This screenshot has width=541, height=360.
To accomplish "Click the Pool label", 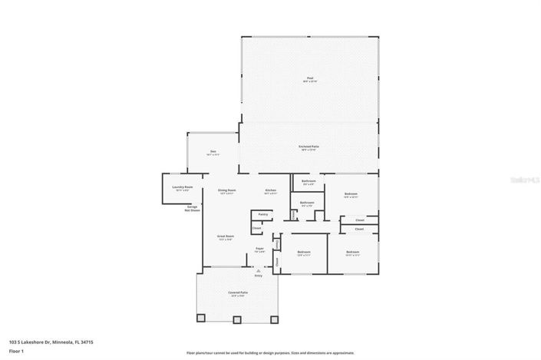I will click(309, 78).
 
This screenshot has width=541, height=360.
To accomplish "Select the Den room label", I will click(213, 152).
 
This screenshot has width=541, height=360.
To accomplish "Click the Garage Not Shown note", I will click(192, 208).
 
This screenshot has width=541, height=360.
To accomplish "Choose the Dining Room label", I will click(228, 190).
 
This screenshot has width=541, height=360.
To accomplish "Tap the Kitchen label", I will click(271, 190).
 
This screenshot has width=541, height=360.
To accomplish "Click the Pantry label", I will click(263, 214).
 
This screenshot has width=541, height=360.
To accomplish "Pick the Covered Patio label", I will click(239, 293).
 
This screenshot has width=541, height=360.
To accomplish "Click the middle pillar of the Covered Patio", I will click(239, 318).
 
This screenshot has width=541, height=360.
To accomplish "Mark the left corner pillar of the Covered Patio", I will click(201, 318).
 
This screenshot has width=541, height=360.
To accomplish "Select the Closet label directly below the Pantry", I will click(257, 228).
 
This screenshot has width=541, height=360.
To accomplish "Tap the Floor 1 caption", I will click(17, 352).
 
